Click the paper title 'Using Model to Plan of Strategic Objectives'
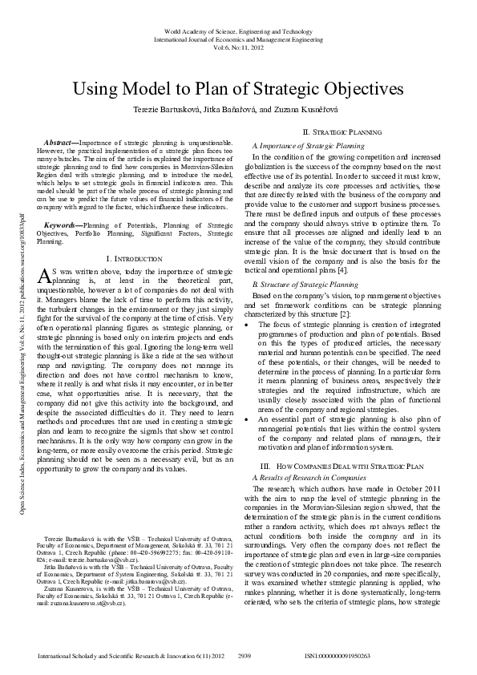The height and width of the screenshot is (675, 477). [x=238, y=88]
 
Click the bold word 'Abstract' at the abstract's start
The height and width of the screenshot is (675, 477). [x=60, y=140]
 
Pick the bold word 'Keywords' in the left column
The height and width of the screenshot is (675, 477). [x=62, y=204]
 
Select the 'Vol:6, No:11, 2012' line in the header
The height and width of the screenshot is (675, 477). [x=238, y=46]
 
